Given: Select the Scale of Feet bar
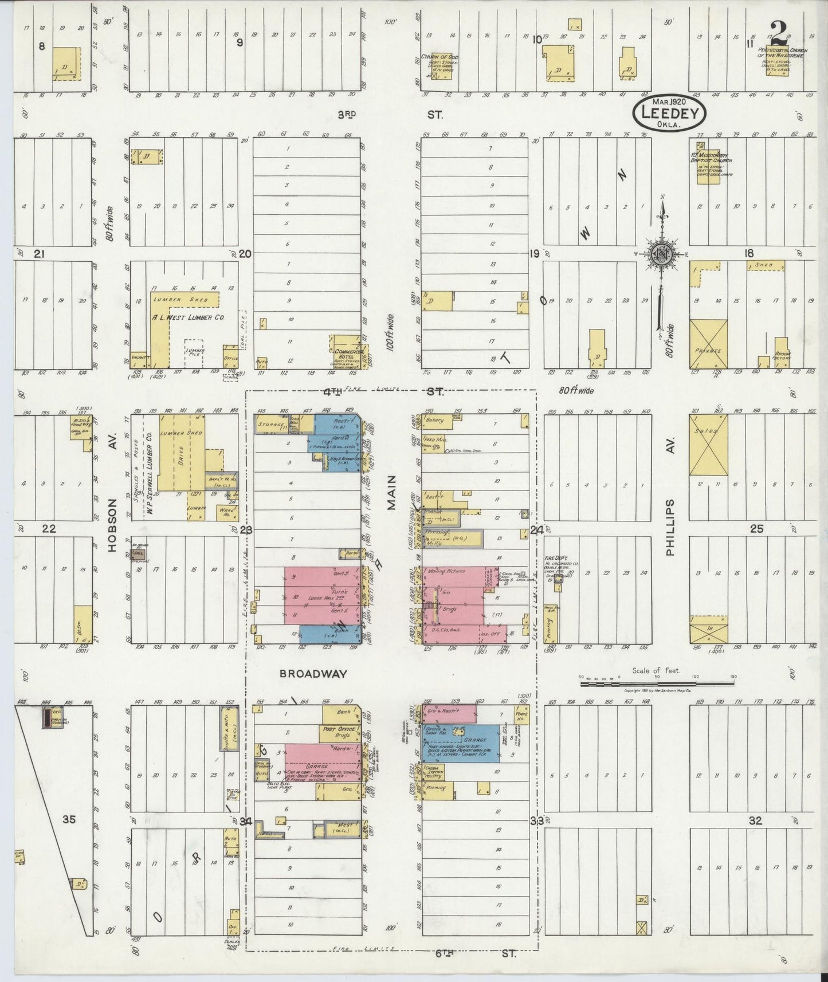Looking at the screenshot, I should point(657,683).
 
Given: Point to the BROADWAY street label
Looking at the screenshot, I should point(313,674).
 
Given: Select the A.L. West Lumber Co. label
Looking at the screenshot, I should point(179,317).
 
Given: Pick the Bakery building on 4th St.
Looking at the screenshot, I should point(435,420).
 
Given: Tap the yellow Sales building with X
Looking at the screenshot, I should point(708,445).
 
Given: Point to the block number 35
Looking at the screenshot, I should point(69,820).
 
